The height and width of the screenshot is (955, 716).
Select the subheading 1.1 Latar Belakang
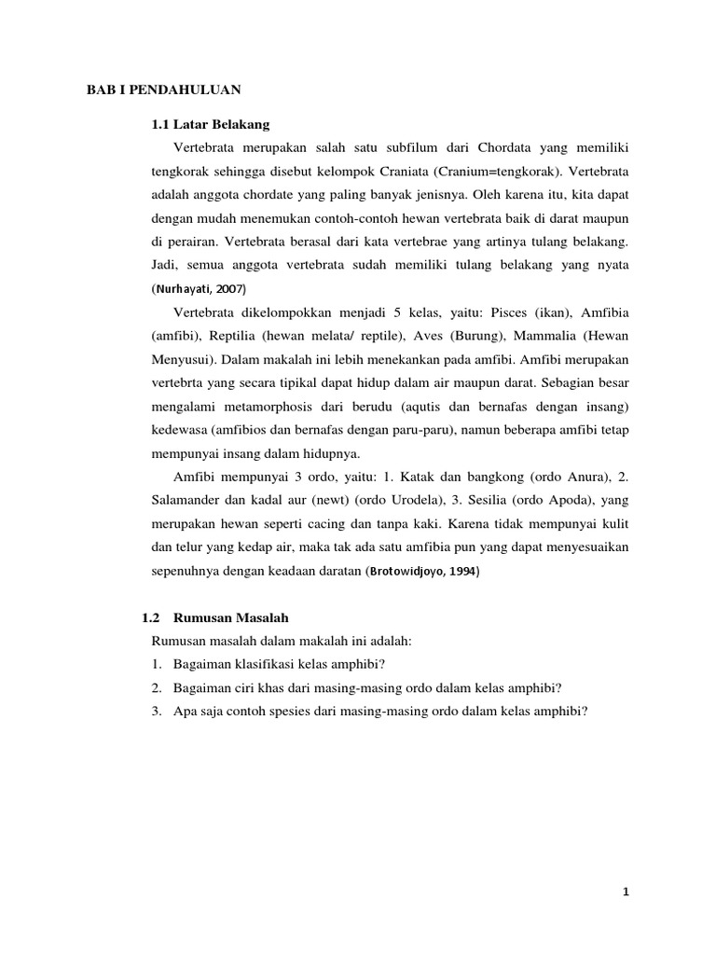[211, 123]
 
